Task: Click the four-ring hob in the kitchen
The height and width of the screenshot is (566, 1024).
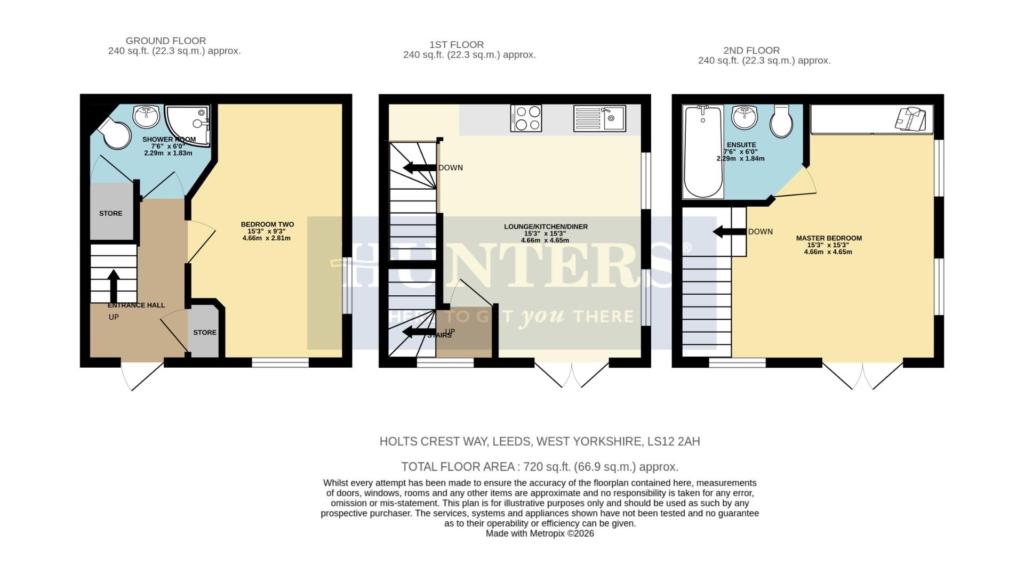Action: pos(526,118)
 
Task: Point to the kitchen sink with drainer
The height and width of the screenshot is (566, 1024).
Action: pos(599,118)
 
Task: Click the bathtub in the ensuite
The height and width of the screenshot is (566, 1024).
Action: pos(703,152)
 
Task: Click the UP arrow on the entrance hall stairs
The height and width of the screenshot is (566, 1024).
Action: pos(114,285)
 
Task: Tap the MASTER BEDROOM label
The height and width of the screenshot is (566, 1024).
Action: pos(829,238)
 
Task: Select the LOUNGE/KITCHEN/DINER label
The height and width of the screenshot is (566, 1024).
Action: pos(546,227)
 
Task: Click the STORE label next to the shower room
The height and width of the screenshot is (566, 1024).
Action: pos(111,213)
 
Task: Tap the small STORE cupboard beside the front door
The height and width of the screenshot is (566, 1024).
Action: pos(205,332)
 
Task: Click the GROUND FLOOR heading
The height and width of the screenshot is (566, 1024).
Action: pos(166,41)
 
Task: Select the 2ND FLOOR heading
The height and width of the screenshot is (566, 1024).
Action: pos(751,51)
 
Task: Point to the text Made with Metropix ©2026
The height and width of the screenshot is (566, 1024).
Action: pos(540,533)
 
